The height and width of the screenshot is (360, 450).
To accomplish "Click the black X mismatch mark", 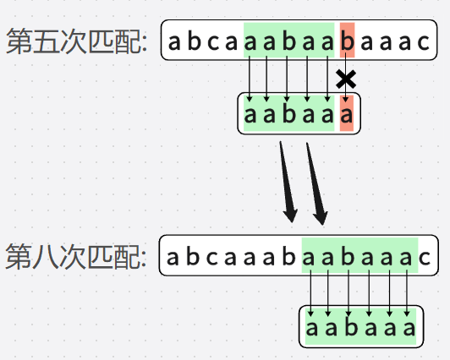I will tap(346, 79).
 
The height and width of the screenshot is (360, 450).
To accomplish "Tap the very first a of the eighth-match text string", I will tap(173, 256).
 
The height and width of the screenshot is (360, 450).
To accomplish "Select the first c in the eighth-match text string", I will tap(211, 256).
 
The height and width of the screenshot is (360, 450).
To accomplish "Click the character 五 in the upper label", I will tap(41, 42).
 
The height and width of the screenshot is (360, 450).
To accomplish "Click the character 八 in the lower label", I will tap(41, 256).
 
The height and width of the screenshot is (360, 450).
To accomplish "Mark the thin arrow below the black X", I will tap(346, 95).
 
